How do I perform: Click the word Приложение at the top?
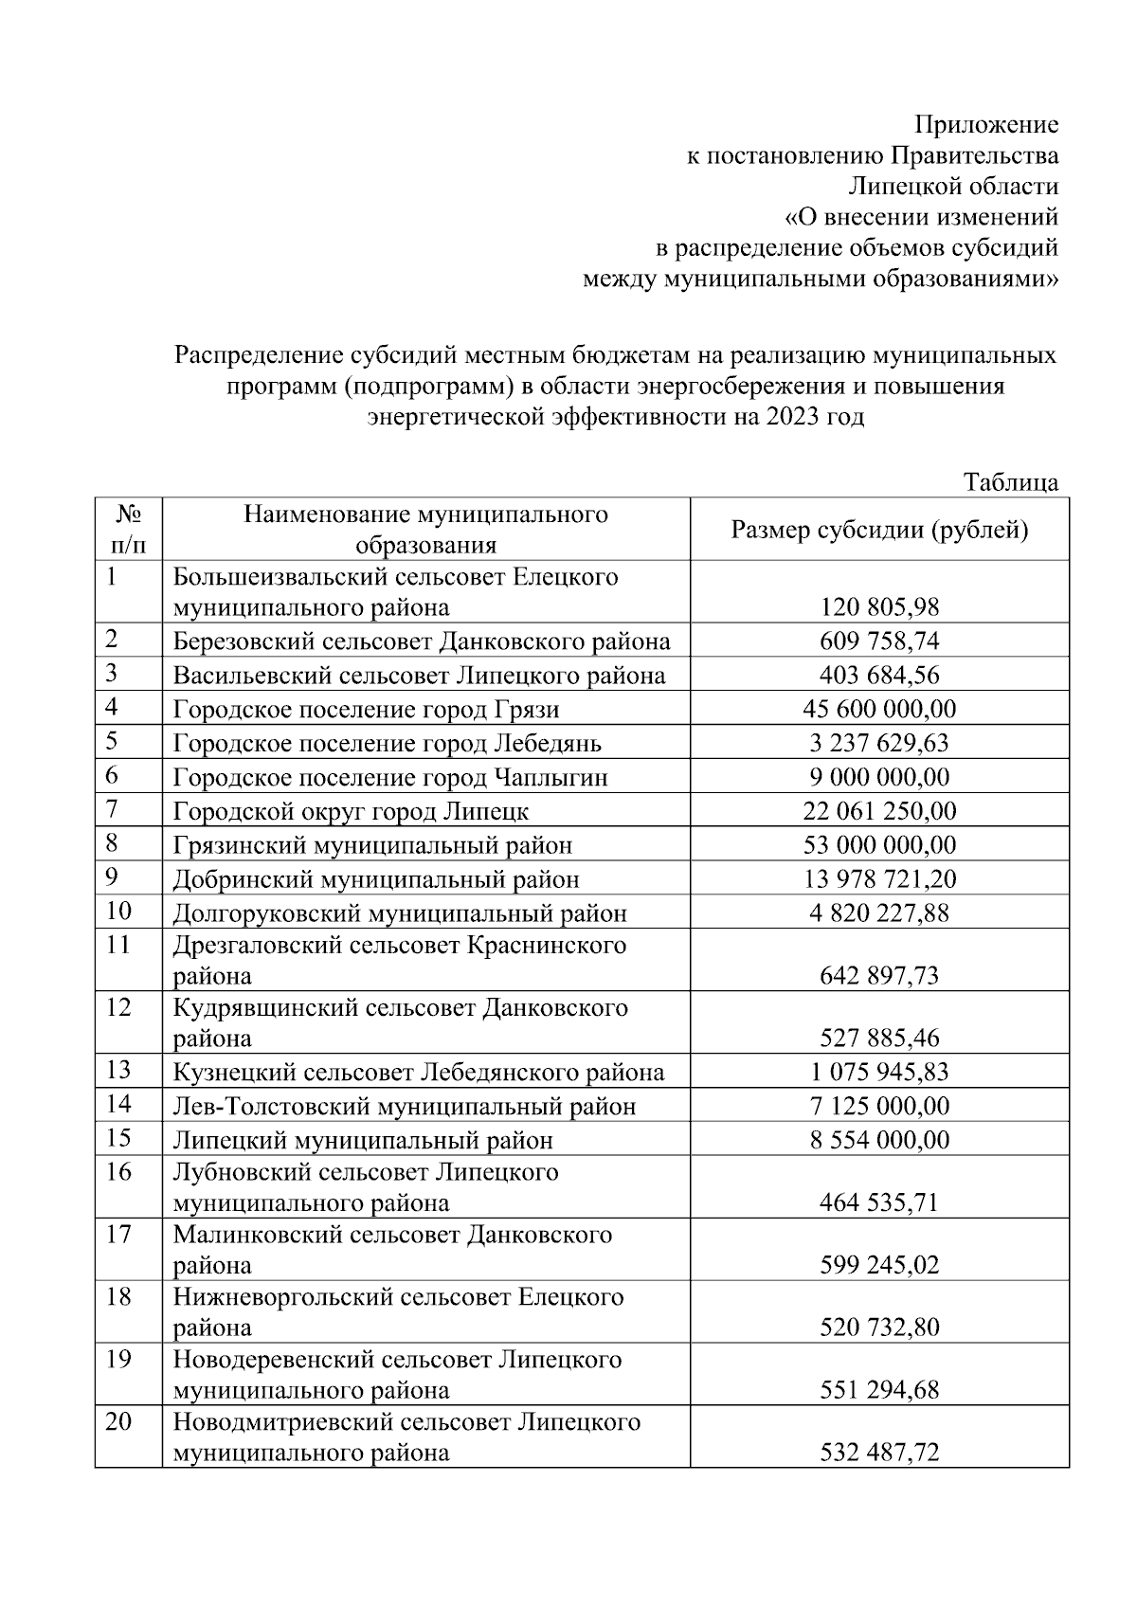pos(985,125)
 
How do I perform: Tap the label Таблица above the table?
pos(1010,482)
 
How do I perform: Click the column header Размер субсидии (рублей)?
pos(878,530)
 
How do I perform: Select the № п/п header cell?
pos(128,530)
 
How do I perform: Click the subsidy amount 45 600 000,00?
pos(879,709)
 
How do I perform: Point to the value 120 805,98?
pos(879,607)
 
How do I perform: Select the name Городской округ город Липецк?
pos(351,811)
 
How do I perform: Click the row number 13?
pos(118,1070)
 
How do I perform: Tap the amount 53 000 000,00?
pos(879,845)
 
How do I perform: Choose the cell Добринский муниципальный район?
pos(375,879)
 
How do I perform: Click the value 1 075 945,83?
pos(879,1073)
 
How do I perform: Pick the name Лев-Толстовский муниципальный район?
pos(404,1107)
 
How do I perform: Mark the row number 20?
pos(118,1422)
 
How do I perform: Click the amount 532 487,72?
pos(879,1453)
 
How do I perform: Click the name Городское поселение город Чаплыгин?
pos(389,778)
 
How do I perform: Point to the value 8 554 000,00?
pos(879,1140)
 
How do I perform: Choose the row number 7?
pos(112,808)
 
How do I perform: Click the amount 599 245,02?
pos(879,1265)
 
